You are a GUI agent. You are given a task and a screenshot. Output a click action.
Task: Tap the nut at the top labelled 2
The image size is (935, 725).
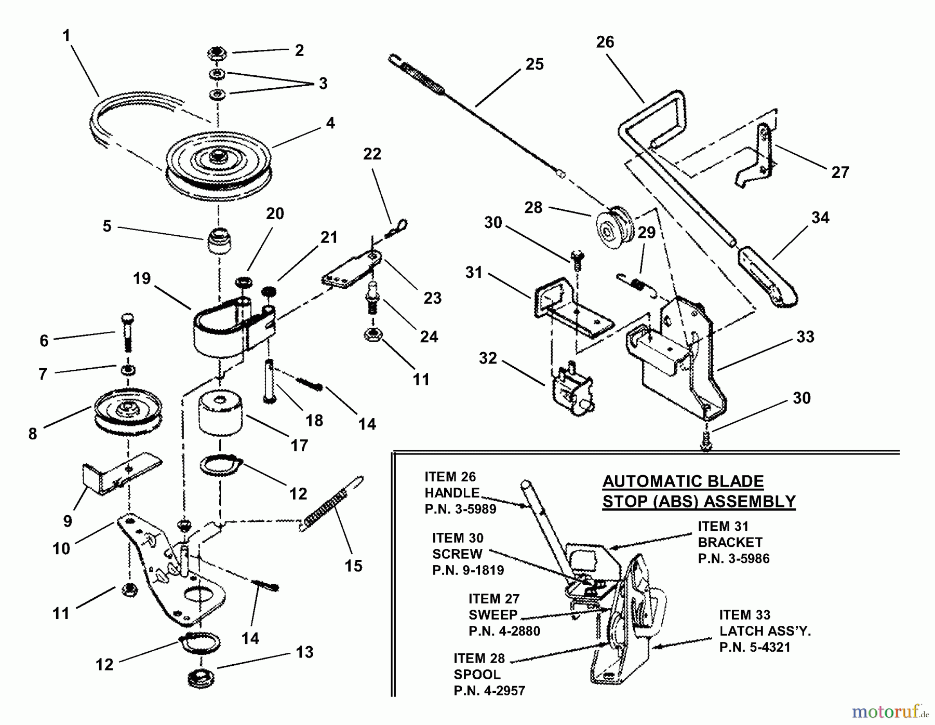point(216,53)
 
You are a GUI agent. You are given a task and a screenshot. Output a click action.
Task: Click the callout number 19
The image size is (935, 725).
point(142,279)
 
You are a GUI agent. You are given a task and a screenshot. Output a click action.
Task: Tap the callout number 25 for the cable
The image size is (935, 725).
point(535,64)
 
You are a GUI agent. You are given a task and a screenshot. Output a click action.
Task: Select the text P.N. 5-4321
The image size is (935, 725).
point(754,647)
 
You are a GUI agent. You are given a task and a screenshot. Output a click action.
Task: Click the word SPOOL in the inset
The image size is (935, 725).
point(477,675)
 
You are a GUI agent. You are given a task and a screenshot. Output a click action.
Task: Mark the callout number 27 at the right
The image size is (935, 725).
point(840,172)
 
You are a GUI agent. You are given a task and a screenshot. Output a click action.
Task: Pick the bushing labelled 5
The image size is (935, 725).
point(219,240)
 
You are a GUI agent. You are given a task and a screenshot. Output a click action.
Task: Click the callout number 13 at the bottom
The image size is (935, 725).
point(305,652)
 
